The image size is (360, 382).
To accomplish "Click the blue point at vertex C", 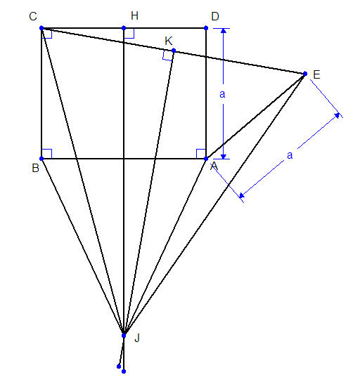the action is coord(41,28).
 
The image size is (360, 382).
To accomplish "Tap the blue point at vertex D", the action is coord(206,28).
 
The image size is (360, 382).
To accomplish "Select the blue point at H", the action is coord(124,28).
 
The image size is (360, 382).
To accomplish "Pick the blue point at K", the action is coord(174,51).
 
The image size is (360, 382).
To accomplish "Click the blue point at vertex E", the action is coord(305,74).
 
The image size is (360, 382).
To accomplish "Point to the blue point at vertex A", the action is coord(206,159).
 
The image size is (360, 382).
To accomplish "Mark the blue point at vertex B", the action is coord(41,159).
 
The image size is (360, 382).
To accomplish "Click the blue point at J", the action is coord(124,336).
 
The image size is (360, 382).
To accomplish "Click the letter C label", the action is coord(33,17).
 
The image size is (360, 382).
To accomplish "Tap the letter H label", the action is coord(134,16).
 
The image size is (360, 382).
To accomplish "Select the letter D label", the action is coord(215,17).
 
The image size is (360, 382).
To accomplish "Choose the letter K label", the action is coord(169,41).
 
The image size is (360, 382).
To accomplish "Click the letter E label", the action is coord(316,75).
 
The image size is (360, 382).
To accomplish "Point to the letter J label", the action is coord(137,338).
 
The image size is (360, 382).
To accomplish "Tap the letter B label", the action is coord(36,168).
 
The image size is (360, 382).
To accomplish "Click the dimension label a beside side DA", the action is coord(222,94).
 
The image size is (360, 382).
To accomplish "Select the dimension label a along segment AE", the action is coord(290,155).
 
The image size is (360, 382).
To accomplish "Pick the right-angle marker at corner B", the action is coord(46,154).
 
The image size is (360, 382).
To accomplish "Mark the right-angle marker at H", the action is coord(129,34).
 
